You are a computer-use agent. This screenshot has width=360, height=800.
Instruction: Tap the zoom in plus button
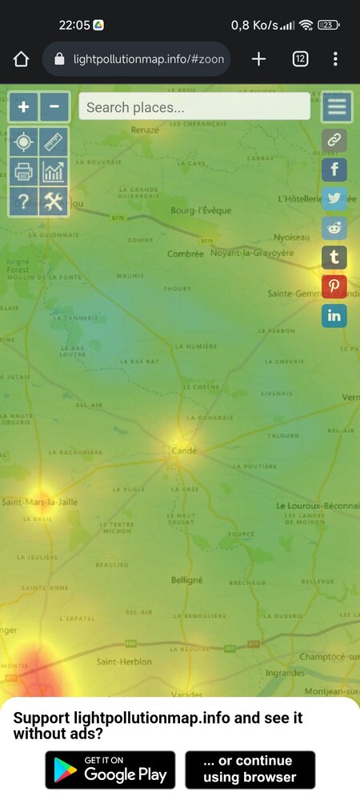tap(23, 106)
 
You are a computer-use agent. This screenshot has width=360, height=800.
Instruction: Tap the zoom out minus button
tap(54, 106)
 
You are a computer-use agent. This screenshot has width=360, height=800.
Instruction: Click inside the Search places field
tap(194, 106)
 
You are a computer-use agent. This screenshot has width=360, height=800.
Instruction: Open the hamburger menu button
tap(337, 106)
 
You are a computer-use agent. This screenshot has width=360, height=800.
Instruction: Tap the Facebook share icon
tap(334, 170)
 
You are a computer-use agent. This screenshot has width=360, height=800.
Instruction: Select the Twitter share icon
tap(334, 199)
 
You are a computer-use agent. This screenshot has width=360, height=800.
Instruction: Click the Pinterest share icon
tap(334, 286)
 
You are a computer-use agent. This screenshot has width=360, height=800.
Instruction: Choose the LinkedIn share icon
tap(334, 315)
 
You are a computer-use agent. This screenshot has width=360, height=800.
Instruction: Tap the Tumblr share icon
tap(334, 257)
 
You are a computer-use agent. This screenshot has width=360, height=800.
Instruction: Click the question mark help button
tap(23, 202)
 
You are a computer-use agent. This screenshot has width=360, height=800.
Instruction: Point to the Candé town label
tap(184, 451)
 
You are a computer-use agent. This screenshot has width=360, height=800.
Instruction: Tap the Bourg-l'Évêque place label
tap(201, 211)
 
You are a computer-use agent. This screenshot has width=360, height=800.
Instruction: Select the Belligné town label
tap(186, 580)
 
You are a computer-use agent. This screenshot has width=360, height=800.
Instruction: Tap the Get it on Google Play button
tap(110, 770)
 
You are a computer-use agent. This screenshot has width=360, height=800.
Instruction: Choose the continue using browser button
tap(250, 770)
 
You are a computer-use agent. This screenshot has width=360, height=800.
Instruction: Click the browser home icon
tap(21, 59)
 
